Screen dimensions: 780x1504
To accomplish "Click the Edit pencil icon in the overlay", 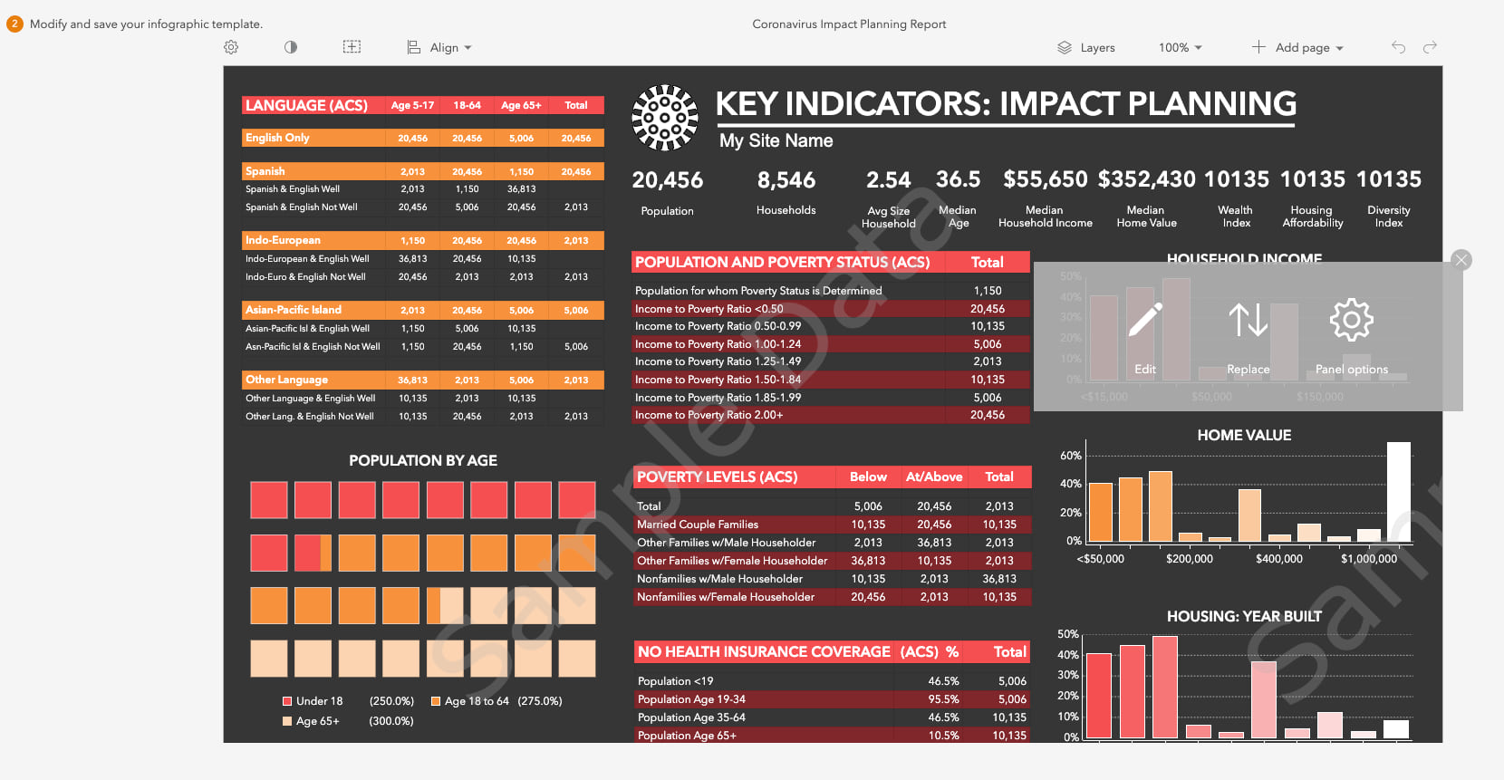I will click(1145, 321).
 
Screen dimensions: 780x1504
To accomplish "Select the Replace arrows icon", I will click(1248, 321).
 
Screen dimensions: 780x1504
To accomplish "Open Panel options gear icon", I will click(1351, 321).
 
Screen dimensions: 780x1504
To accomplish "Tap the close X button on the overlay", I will click(1461, 260).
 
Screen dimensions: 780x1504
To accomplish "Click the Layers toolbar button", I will click(1085, 47).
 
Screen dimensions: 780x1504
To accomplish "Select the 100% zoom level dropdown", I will click(1180, 47).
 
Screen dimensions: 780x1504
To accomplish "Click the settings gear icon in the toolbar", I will click(231, 47).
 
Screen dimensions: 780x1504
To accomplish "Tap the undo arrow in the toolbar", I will click(1398, 47).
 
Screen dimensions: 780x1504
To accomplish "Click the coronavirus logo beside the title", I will click(665, 118).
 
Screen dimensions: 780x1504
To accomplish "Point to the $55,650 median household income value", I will click(1045, 179).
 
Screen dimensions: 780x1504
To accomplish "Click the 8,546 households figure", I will click(786, 180).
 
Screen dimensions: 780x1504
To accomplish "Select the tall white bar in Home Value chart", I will click(1399, 492).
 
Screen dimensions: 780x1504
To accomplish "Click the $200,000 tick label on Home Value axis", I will click(1189, 559).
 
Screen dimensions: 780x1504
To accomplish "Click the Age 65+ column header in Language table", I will click(521, 105).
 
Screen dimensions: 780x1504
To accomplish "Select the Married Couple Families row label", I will click(698, 525).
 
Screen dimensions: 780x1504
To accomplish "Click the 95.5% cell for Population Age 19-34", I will click(943, 699).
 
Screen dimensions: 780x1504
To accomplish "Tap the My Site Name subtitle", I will click(776, 140).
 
